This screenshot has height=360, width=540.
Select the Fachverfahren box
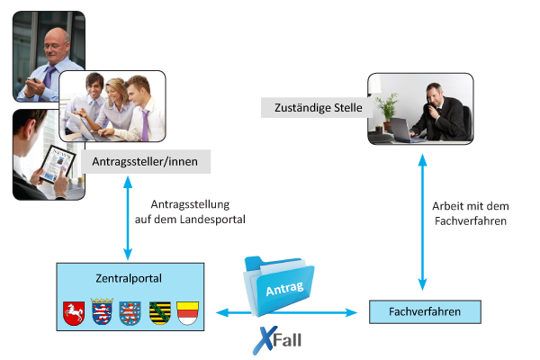point(425,311)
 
